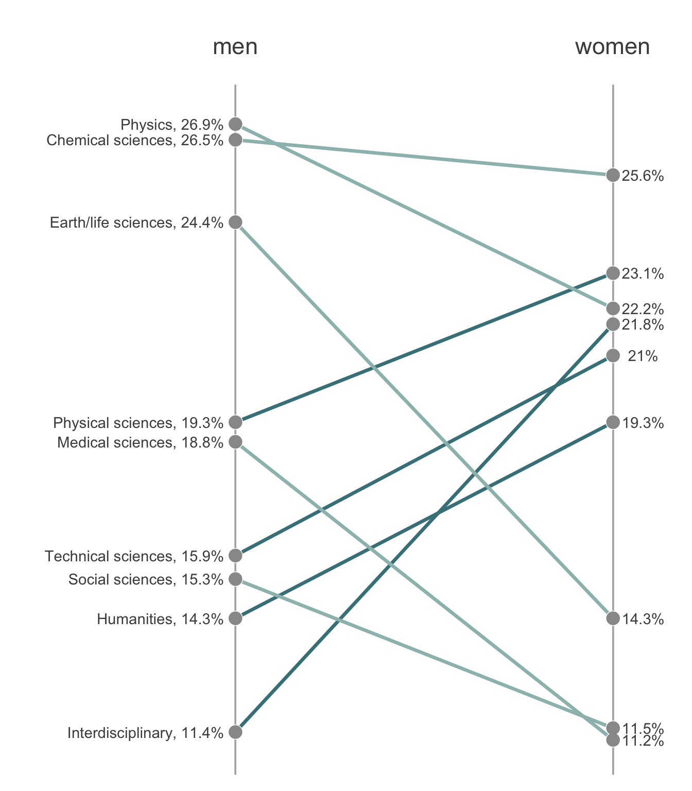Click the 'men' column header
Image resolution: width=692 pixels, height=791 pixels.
pyautogui.click(x=235, y=47)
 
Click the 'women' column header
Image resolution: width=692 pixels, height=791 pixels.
pyautogui.click(x=612, y=47)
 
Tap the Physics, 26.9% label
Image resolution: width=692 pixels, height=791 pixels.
pyautogui.click(x=172, y=125)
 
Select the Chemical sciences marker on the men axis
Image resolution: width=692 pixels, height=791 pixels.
pyautogui.click(x=235, y=140)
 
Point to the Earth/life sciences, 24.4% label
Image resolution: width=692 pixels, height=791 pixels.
pyautogui.click(x=136, y=222)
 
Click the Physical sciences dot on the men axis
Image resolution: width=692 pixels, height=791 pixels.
pyautogui.click(x=235, y=422)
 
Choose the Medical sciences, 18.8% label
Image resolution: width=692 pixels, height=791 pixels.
pyautogui.click(x=140, y=442)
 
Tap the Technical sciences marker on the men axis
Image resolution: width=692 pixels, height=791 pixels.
pyautogui.click(x=235, y=556)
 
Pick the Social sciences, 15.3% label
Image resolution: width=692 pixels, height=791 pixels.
pyautogui.click(x=146, y=580)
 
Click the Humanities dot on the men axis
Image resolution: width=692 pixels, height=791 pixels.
pyautogui.click(x=235, y=618)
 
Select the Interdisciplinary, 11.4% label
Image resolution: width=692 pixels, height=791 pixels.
pyautogui.click(x=145, y=733)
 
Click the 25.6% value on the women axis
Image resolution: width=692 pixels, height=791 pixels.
pyautogui.click(x=643, y=176)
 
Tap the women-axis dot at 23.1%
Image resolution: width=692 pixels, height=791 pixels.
pyautogui.click(x=613, y=273)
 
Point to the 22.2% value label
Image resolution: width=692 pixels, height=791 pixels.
pyautogui.click(x=643, y=309)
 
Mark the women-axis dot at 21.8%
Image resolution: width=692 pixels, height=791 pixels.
pyautogui.click(x=613, y=324)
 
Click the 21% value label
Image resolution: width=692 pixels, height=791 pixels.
pyautogui.click(x=643, y=356)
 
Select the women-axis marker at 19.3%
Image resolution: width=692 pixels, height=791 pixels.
pyautogui.click(x=613, y=422)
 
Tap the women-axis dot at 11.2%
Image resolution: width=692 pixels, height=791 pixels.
pyautogui.click(x=613, y=740)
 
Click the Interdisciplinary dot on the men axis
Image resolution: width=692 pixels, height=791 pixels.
pyautogui.click(x=235, y=732)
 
